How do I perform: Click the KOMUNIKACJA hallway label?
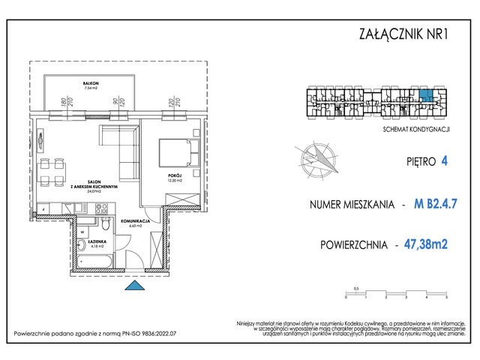pyautogui.click(x=141, y=223)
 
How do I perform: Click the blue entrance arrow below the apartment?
pyautogui.click(x=136, y=286)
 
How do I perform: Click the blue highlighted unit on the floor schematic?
pyautogui.click(x=425, y=95)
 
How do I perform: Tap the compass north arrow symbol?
pyautogui.click(x=318, y=160)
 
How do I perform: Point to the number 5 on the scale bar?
pyautogui.click(x=445, y=297)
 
